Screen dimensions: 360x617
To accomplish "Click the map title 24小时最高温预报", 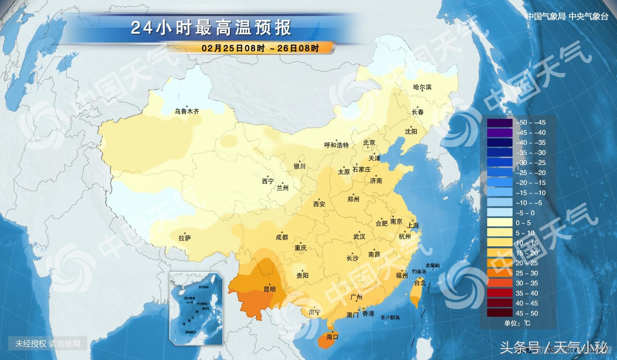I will pos(211,28).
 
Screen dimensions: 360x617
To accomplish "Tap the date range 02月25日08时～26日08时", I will pos(260,48).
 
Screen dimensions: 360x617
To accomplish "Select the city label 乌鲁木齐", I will pos(187,111).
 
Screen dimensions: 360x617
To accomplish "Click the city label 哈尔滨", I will pos(422,87).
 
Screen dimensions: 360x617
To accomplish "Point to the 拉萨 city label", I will pos(185,238).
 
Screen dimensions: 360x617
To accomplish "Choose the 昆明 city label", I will pos(269,289).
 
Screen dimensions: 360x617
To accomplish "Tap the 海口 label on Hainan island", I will pos(332,337).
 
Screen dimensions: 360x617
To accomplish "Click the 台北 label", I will pos(420,283).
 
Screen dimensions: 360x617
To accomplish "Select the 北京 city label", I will pos(369,143).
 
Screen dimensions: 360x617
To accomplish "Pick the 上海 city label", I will pos(413,225).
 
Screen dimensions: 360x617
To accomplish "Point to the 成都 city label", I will pos(282,237).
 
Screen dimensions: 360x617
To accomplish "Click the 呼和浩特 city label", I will pos(336,145).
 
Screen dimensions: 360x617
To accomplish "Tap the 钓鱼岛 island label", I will pos(419,271).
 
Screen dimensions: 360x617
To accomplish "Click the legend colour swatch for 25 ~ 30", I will pos(500,273).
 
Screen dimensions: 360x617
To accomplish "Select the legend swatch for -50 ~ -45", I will pos(500,122).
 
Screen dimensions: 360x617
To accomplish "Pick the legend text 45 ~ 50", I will pos(526,313).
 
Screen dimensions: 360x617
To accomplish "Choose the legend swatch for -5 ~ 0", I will pos(500,213).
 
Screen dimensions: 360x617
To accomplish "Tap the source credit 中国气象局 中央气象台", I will pos(567,16).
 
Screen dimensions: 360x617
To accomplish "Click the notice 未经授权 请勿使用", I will pos(48,344).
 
